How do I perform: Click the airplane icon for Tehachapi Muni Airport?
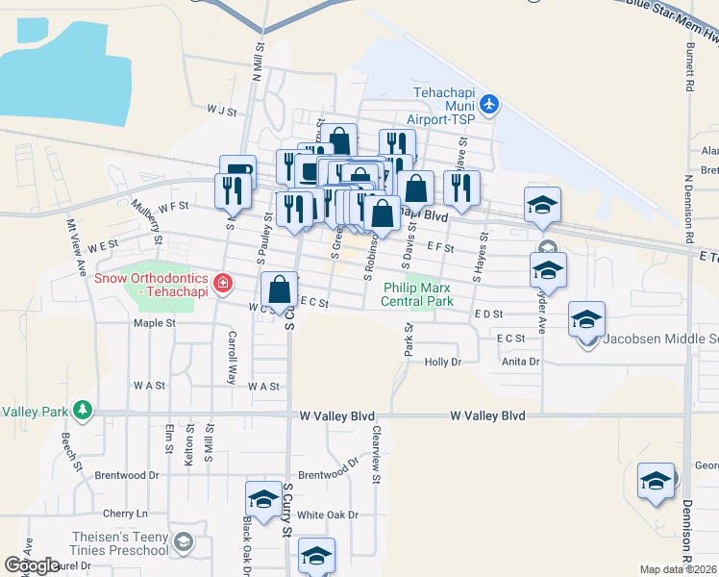coord(490,103)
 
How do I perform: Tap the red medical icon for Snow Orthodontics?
coord(223,283)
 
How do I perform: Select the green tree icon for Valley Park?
coord(82,411)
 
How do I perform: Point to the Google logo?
coord(32,565)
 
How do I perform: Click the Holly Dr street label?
coord(443,362)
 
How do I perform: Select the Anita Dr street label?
coord(521,362)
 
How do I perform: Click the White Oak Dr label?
coord(328,514)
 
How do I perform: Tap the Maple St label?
coord(155,323)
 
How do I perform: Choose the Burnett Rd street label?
coord(690,72)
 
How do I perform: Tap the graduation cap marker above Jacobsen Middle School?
coord(586,319)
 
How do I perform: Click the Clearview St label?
coord(377,454)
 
